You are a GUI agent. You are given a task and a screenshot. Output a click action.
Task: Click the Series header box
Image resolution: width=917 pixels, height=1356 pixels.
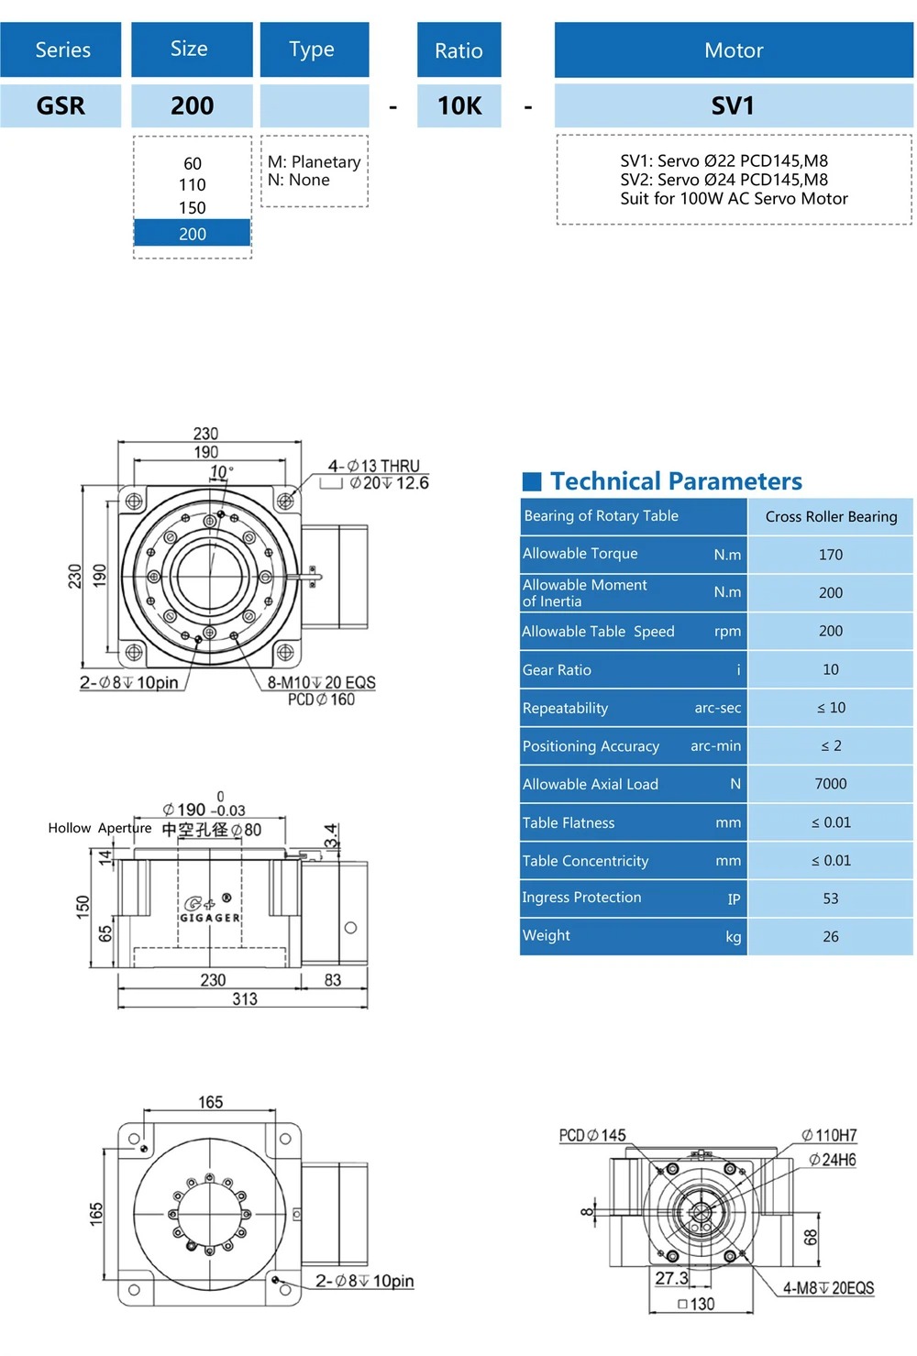(x=61, y=50)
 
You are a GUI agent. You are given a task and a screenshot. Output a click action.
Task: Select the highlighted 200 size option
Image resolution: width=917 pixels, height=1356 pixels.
(x=193, y=234)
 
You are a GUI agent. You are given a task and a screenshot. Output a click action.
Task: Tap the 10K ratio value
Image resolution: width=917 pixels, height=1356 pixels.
(x=459, y=106)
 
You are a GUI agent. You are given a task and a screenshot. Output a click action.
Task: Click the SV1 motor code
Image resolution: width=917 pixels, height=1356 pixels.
(x=733, y=106)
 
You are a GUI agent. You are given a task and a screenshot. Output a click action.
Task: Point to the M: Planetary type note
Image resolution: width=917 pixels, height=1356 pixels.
(x=314, y=162)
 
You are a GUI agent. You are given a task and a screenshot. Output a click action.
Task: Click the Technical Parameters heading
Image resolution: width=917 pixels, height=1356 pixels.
(x=676, y=481)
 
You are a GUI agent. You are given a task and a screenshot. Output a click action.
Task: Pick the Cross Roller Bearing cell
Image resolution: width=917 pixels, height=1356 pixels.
(x=831, y=517)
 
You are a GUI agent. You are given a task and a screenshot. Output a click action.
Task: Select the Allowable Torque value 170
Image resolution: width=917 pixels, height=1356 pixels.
(x=831, y=555)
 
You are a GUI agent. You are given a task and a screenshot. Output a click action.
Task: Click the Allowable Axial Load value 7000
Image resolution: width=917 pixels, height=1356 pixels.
(x=831, y=784)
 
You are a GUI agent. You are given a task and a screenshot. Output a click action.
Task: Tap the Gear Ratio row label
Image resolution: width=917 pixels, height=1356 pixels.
(x=558, y=670)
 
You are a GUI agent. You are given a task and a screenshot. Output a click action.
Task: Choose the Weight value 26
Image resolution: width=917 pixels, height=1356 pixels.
(x=831, y=937)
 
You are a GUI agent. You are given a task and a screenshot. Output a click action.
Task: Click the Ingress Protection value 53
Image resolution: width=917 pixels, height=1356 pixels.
(x=831, y=898)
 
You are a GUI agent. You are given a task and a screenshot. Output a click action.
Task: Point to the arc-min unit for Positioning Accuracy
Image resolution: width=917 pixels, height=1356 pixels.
(x=715, y=746)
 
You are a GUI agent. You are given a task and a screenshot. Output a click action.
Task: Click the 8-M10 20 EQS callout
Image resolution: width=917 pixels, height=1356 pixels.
(x=321, y=683)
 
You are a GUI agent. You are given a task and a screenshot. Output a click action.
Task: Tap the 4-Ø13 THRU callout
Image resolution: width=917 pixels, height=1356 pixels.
(x=374, y=466)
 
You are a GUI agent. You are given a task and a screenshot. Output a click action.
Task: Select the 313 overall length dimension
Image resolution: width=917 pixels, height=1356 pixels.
(x=245, y=999)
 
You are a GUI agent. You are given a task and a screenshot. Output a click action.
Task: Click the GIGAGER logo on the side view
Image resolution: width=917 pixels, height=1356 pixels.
(x=210, y=910)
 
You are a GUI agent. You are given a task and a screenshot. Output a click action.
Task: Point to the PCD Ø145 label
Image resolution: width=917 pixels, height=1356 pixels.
(x=592, y=1136)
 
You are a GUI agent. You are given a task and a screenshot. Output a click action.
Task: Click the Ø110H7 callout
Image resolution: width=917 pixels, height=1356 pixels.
(x=829, y=1136)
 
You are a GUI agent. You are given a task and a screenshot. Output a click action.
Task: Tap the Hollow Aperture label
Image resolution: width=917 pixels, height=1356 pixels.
(x=100, y=828)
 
